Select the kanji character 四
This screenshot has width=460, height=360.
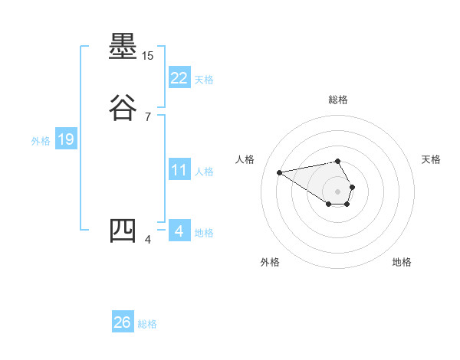click(123, 231)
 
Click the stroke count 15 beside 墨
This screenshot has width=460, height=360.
click(148, 57)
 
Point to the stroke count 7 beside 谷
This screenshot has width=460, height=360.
click(148, 117)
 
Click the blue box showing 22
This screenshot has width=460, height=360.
click(179, 78)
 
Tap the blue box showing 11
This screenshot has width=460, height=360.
click(179, 170)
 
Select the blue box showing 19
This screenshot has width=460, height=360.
click(65, 139)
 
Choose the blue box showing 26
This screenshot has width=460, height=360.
click(123, 322)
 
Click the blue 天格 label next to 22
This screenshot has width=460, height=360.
click(204, 80)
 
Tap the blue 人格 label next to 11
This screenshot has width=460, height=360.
click(204, 172)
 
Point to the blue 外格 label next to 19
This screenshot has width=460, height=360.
click(41, 141)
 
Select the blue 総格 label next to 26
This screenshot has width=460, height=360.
click(147, 324)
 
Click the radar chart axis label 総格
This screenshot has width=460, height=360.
click(338, 100)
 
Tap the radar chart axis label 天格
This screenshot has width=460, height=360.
click(431, 159)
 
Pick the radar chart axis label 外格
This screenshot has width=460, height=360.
click(269, 262)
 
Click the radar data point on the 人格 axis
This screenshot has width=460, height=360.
click(280, 172)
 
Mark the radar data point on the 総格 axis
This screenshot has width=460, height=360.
click(338, 161)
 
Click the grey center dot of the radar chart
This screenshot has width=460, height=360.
click(338, 191)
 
